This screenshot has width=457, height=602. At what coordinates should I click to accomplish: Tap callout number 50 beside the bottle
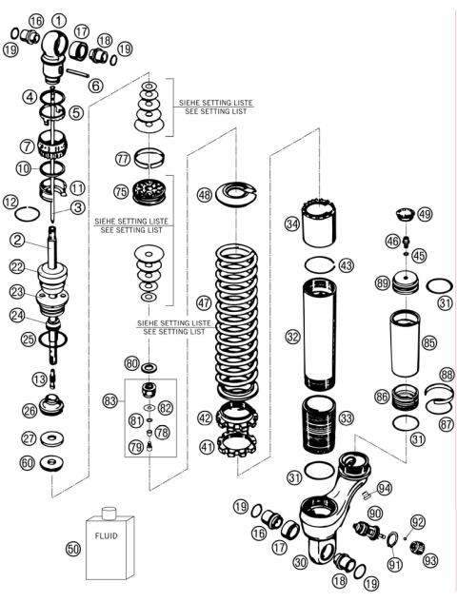click(x=73, y=549)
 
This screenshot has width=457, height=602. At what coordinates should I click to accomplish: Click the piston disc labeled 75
click(x=147, y=190)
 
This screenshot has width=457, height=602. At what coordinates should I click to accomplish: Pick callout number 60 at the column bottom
click(x=53, y=462)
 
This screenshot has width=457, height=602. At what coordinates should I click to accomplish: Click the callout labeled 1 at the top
click(x=60, y=20)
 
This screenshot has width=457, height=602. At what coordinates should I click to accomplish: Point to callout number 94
click(x=384, y=489)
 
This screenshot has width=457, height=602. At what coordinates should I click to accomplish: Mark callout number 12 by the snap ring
click(x=11, y=202)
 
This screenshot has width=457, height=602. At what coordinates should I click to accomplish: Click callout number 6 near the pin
click(x=95, y=86)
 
